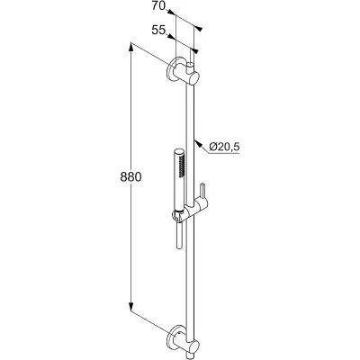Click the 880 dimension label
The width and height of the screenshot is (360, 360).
tap(130, 177)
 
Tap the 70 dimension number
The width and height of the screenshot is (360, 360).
tap(158, 5)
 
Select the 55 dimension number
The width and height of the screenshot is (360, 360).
tap(158, 30)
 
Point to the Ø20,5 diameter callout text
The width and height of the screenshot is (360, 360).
tap(224, 147)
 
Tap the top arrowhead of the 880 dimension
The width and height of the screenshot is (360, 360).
tap(131, 48)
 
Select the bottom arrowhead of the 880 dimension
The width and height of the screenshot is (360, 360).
tap(131, 306)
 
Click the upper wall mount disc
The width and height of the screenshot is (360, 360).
tap(173, 69)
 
